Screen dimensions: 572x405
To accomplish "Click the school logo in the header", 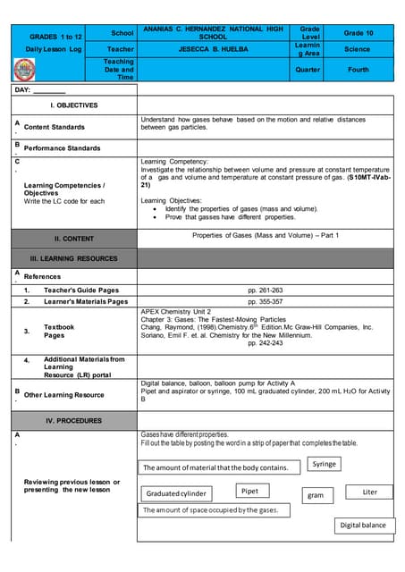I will (26, 69).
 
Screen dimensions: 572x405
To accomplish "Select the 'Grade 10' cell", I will (358, 32).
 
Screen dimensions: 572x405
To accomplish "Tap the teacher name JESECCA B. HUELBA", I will (212, 49).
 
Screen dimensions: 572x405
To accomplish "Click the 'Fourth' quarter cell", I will (358, 69).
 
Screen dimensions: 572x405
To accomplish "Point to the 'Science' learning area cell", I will (358, 49).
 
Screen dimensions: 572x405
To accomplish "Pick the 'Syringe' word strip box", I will (325, 464).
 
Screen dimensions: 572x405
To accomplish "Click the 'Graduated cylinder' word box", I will (176, 493).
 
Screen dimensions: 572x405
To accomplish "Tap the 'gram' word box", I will (315, 494).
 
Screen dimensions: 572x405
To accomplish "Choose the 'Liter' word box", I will (370, 492).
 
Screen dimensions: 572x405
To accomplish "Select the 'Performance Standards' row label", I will (62, 147).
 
